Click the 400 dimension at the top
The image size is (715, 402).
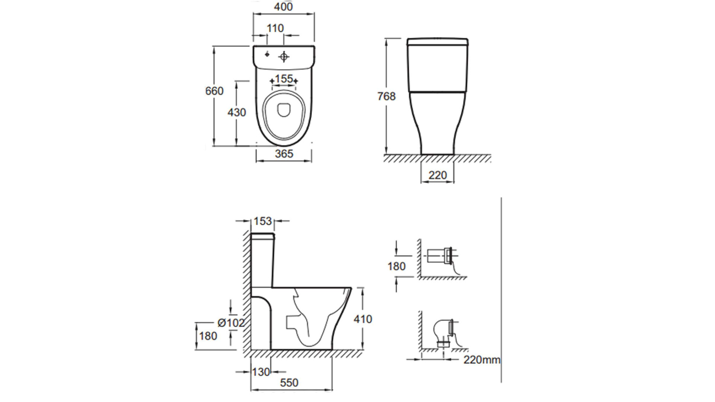(283, 7)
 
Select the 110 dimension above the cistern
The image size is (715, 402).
(275, 28)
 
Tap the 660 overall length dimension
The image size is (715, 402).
(214, 91)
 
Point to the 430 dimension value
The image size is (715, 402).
(237, 112)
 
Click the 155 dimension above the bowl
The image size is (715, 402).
(284, 79)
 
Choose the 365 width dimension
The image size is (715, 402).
(284, 153)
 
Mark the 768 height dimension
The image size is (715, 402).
(386, 96)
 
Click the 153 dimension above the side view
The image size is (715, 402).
(263, 221)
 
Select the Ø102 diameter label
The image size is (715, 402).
(231, 323)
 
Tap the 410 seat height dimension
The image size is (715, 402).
(363, 319)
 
